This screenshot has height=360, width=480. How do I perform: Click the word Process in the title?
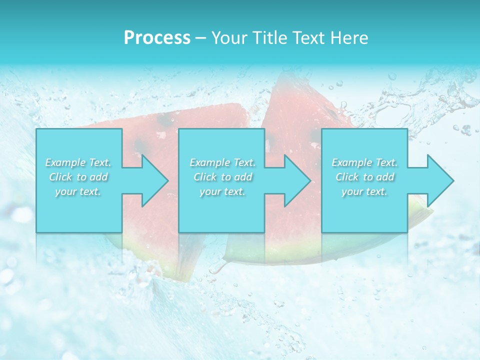(157, 38)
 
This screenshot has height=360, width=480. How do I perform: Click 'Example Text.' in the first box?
(78, 162)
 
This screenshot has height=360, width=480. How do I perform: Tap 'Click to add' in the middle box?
(222, 177)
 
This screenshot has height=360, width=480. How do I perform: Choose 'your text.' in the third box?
(364, 191)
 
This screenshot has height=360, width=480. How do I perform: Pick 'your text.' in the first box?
(78, 191)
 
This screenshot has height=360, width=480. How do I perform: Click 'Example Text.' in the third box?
(364, 162)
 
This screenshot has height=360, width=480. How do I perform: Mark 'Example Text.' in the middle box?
(222, 162)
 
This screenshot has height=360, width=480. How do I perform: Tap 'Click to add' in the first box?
(78, 177)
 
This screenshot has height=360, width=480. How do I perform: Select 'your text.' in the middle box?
(222, 191)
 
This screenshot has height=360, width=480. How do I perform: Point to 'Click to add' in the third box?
(364, 177)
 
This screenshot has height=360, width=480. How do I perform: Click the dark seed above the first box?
(165, 120)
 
